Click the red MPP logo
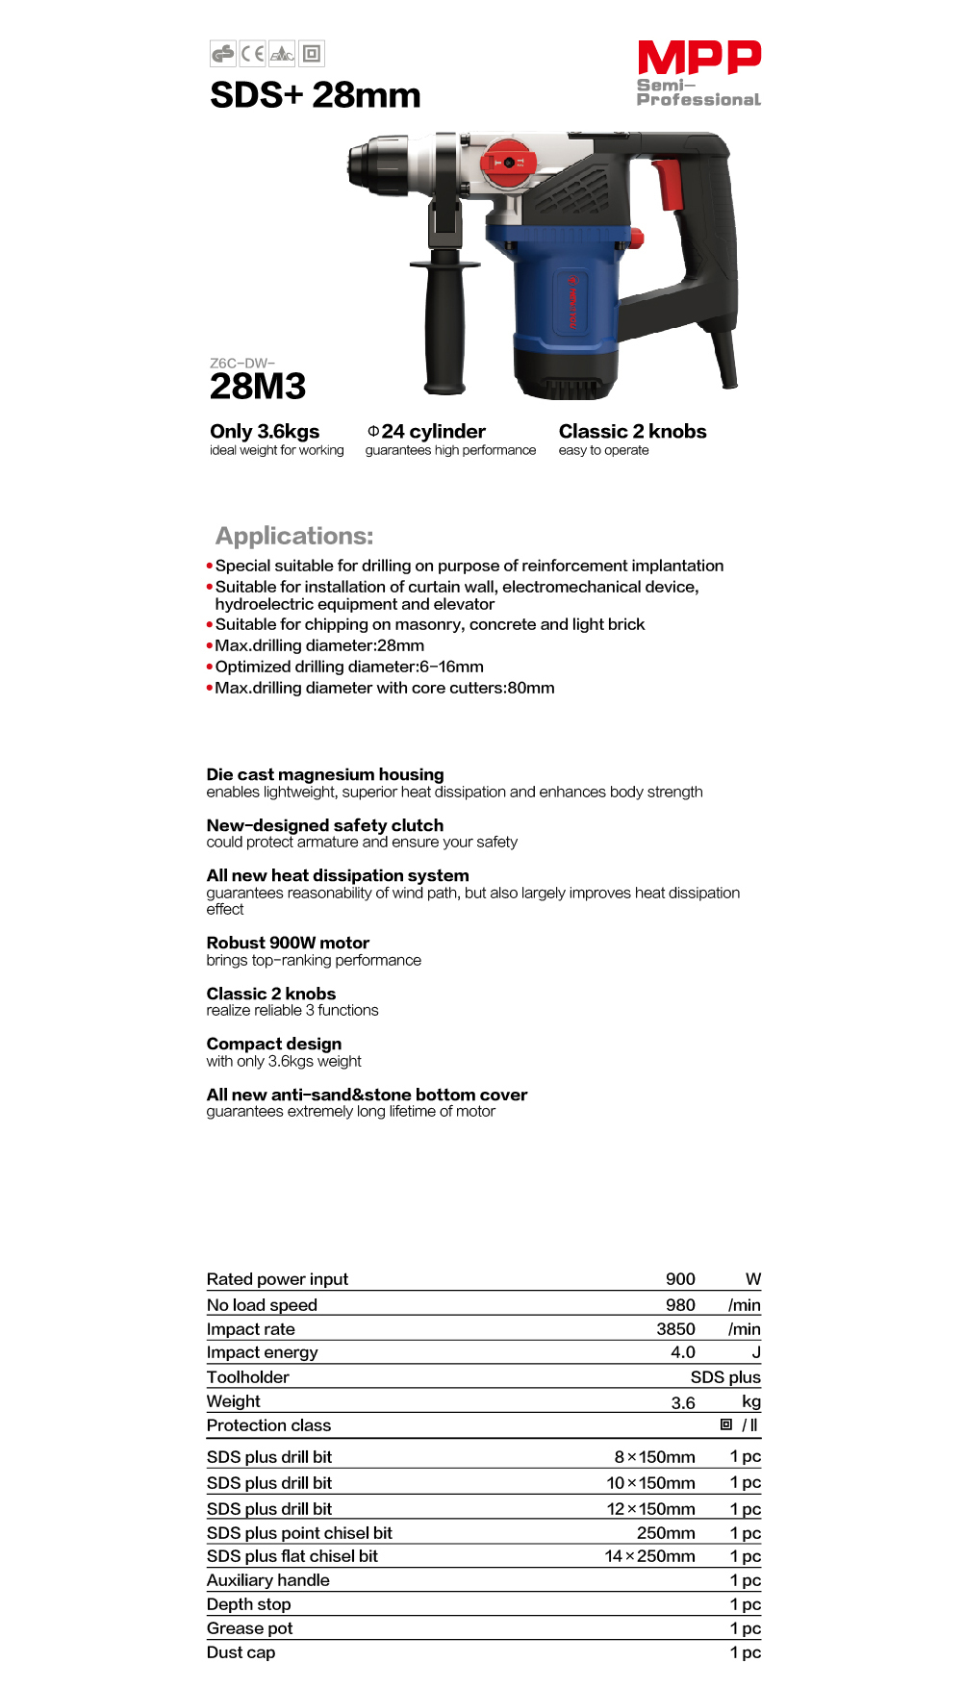(x=698, y=58)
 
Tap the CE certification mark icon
(x=252, y=54)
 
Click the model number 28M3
(x=258, y=387)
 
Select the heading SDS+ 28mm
(x=316, y=95)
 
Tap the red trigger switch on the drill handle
(x=669, y=184)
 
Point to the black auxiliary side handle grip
(x=444, y=327)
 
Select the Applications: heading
(x=294, y=536)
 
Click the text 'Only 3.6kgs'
(x=265, y=432)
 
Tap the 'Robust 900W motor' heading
(x=288, y=943)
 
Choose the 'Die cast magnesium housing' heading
(x=325, y=774)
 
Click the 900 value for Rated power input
(x=680, y=1279)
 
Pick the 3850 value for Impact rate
(x=675, y=1329)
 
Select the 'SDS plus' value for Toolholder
(x=725, y=1377)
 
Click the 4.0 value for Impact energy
(x=682, y=1352)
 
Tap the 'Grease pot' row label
(x=249, y=1628)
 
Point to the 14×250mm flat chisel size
(x=649, y=1556)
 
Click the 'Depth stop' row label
(x=248, y=1604)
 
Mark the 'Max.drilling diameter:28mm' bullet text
(x=319, y=645)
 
